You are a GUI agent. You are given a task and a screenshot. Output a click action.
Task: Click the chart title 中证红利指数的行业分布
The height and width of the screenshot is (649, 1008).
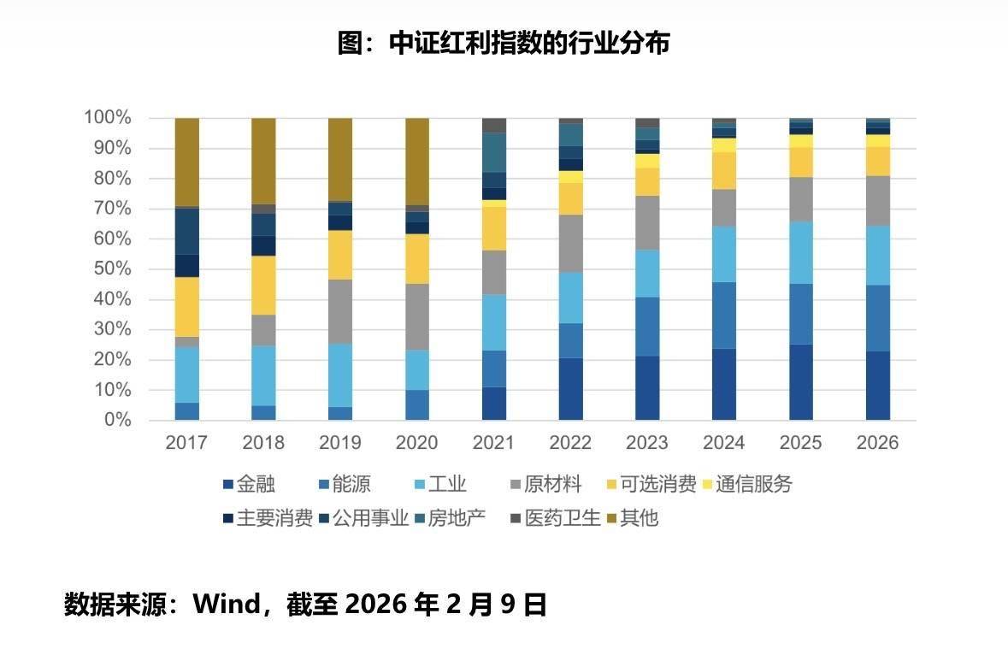coord(503,43)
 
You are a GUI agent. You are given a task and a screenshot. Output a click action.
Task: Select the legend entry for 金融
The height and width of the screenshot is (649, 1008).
coord(248,485)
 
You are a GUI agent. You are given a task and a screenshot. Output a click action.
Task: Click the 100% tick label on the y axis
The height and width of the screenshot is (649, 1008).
coord(107,118)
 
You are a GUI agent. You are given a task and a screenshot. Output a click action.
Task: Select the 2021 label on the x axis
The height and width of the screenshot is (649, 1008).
coord(493,443)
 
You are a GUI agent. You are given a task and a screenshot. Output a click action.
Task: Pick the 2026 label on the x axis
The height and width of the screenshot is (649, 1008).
coord(878,443)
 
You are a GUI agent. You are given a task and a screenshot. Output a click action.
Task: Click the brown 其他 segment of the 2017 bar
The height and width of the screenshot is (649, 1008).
coord(186,162)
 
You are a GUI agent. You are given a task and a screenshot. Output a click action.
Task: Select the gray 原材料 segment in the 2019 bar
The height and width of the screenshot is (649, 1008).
coord(340,311)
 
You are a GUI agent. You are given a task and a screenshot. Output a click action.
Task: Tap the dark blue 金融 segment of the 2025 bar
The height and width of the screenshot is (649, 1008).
coord(801,382)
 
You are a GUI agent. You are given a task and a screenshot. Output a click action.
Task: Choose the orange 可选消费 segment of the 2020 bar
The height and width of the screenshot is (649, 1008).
coord(417,259)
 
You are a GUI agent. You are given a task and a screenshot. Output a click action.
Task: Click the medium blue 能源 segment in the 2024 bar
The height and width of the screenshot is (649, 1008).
coord(724,316)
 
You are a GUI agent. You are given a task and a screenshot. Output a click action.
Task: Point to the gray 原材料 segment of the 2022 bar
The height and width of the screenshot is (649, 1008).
coord(570,244)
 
